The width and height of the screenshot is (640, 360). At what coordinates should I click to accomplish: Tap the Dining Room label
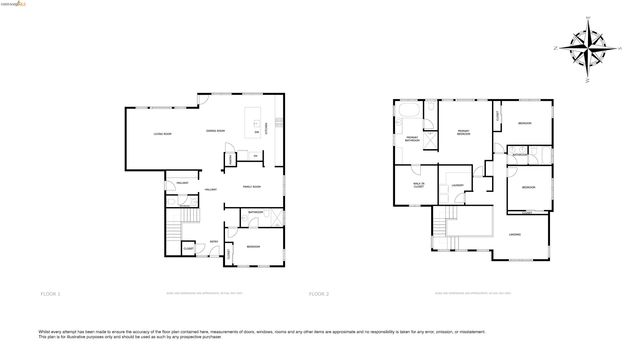pyautogui.click(x=214, y=131)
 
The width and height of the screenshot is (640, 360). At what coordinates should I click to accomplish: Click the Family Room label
pyautogui.click(x=251, y=187)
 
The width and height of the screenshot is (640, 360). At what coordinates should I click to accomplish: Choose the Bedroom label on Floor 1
pyautogui.click(x=254, y=245)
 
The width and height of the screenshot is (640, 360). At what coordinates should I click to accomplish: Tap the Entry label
pyautogui.click(x=214, y=241)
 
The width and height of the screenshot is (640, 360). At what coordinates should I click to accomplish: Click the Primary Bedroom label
pyautogui.click(x=463, y=133)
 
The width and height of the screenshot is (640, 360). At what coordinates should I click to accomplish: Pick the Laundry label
pyautogui.click(x=455, y=185)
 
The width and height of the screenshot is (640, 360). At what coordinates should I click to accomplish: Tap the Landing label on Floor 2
pyautogui.click(x=514, y=234)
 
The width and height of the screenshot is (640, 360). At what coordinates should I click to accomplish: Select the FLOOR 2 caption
pyautogui.click(x=318, y=294)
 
